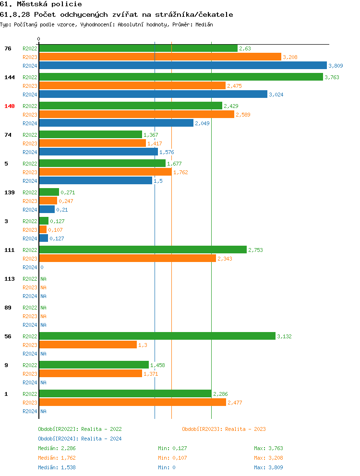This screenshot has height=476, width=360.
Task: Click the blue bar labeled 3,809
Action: (182, 66)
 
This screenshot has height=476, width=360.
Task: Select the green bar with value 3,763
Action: (180, 77)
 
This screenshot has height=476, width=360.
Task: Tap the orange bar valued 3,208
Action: (160, 57)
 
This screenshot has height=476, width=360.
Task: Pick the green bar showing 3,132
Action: (157, 336)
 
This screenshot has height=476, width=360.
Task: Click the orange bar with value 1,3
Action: (88, 345)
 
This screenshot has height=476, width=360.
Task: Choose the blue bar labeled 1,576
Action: (98, 152)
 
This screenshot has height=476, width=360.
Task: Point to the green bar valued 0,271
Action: (49, 192)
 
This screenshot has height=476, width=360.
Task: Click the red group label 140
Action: (10, 106)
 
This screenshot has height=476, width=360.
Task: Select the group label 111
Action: (10, 250)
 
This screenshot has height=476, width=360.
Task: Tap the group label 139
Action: (10, 192)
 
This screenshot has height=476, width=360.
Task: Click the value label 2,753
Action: (255, 250)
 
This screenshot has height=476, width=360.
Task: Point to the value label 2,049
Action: (202, 123)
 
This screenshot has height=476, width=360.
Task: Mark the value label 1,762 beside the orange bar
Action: (180, 172)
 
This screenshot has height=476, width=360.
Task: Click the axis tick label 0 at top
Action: (39, 39)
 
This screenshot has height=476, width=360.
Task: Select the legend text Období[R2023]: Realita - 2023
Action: (224, 429)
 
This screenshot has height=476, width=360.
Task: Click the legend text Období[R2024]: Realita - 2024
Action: (80, 439)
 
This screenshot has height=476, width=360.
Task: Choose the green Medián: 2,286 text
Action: (56, 448)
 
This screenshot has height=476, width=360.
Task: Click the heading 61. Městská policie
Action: (41, 4)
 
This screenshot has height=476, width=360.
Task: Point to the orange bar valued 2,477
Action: (132, 403)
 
